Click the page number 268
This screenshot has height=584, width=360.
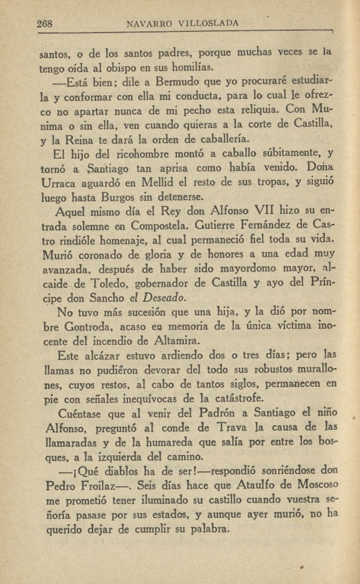coord(45,24)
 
